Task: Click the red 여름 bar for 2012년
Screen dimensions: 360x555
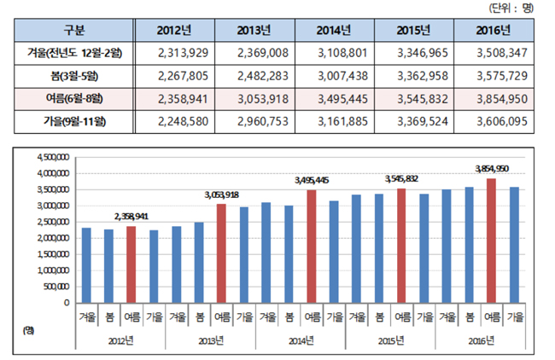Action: pyautogui.click(x=131, y=264)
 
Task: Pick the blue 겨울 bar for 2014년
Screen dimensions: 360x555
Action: pyautogui.click(x=266, y=252)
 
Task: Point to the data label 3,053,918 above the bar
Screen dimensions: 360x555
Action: pyautogui.click(x=219, y=195)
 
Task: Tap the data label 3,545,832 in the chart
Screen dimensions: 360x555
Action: pyautogui.click(x=401, y=179)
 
